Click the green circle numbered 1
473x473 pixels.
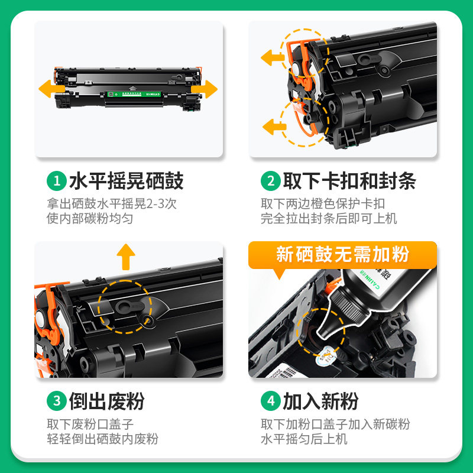[x=57, y=181]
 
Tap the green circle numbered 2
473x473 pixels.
[x=271, y=181]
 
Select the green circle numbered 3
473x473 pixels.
[x=57, y=401]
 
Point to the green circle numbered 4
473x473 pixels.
[x=271, y=401]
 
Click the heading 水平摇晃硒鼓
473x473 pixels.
[x=126, y=181]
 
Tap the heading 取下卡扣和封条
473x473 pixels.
[x=349, y=181]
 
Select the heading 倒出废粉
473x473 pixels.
[x=106, y=401]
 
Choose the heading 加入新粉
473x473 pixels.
[x=320, y=401]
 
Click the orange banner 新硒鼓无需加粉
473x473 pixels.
[x=343, y=255]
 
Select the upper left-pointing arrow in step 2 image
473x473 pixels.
[x=273, y=58]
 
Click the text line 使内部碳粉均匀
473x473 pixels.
[x=90, y=218]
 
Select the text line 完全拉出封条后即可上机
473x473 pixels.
[x=329, y=218]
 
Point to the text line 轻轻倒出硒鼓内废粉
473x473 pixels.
[x=103, y=439]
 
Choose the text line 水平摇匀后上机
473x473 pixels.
[x=304, y=439]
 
